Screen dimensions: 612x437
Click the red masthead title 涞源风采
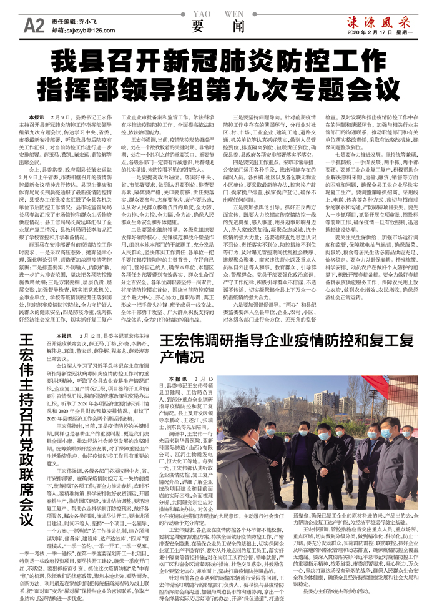(375, 19)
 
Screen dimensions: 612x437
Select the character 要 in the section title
(198, 26)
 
